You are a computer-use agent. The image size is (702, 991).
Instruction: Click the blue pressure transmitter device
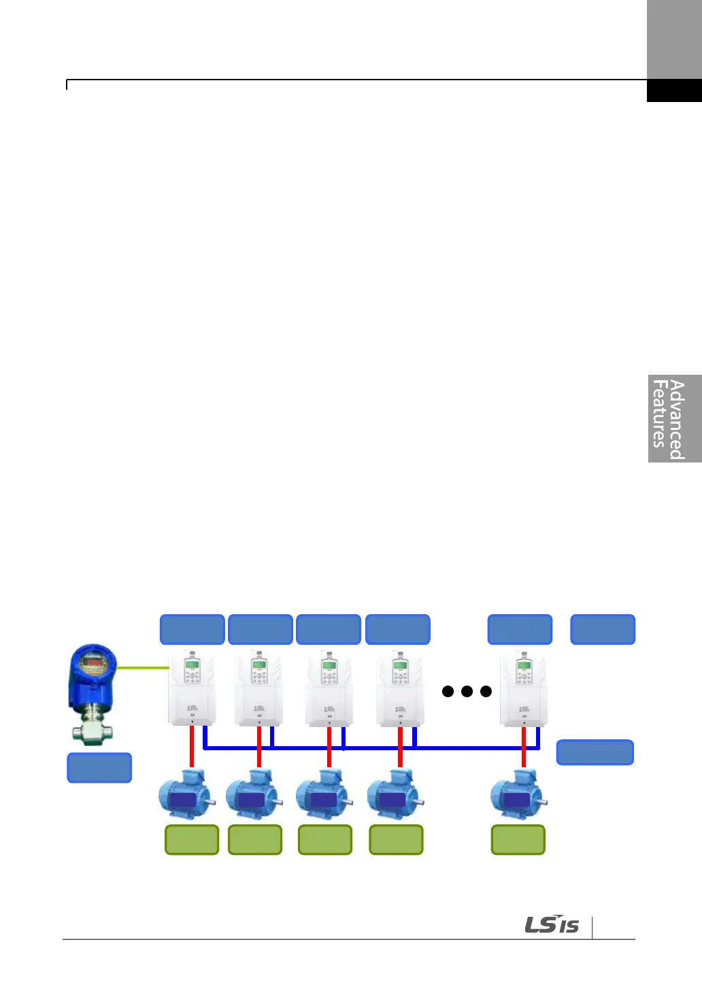[x=93, y=690]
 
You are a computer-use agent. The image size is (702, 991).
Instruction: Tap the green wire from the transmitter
[x=142, y=669]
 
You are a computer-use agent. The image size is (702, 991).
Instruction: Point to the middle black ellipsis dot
[x=467, y=692]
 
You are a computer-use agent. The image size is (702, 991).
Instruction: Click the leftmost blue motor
[x=186, y=795]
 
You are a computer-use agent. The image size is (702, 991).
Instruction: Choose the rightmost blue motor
[x=518, y=795]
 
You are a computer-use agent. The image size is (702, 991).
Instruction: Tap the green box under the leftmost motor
[x=192, y=839]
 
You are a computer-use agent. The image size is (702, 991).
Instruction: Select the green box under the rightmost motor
[x=518, y=839]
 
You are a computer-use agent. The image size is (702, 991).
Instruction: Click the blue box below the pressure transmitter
[x=99, y=768]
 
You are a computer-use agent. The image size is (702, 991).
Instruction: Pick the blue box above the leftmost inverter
[x=192, y=629]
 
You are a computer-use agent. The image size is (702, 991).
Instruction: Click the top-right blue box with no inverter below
[x=602, y=629]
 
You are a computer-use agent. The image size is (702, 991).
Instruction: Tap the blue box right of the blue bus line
[x=595, y=752]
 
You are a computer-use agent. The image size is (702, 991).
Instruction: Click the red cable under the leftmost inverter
[x=192, y=747]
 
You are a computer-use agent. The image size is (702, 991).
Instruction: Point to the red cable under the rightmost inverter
[x=523, y=747]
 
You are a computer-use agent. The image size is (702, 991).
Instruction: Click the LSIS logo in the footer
[x=552, y=925]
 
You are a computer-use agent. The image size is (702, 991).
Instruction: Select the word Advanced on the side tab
[x=676, y=419]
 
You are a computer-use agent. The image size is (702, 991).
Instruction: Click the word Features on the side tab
[x=658, y=414]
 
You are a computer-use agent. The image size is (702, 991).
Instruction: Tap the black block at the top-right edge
[x=673, y=90]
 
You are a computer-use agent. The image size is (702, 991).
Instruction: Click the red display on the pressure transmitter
[x=95, y=662]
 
